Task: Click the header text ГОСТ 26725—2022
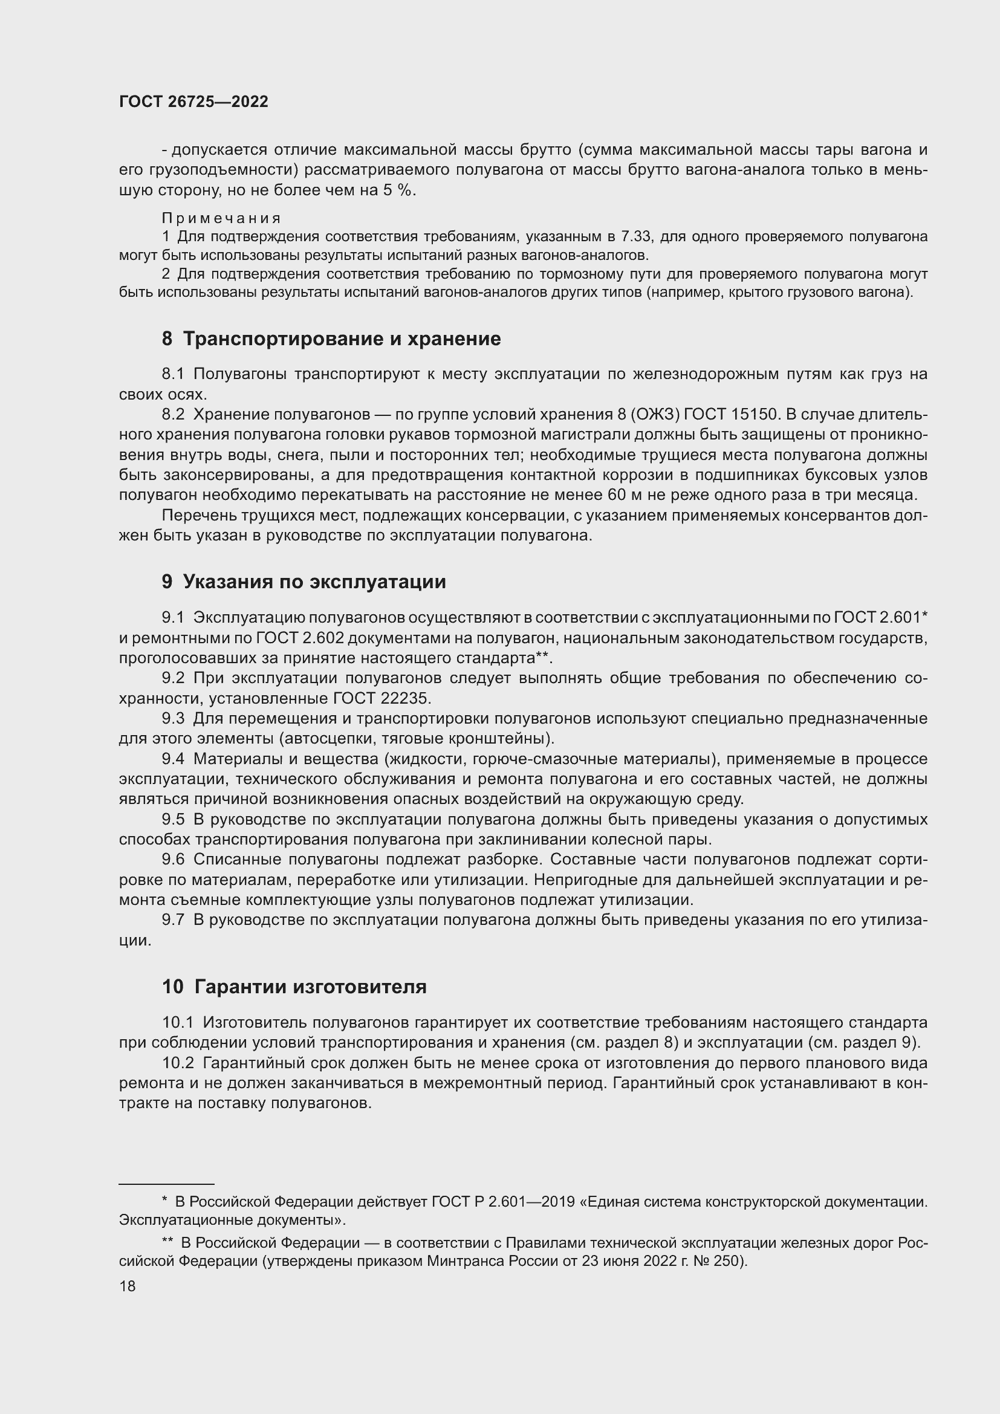coord(193,102)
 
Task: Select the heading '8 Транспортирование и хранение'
coord(331,339)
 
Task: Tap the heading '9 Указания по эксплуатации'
coord(304,582)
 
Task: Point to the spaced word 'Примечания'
coord(222,219)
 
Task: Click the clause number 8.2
coord(173,415)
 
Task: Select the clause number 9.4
coord(173,759)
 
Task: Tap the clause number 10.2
coord(178,1063)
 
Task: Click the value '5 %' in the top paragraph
coord(398,190)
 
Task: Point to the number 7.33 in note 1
coord(636,237)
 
